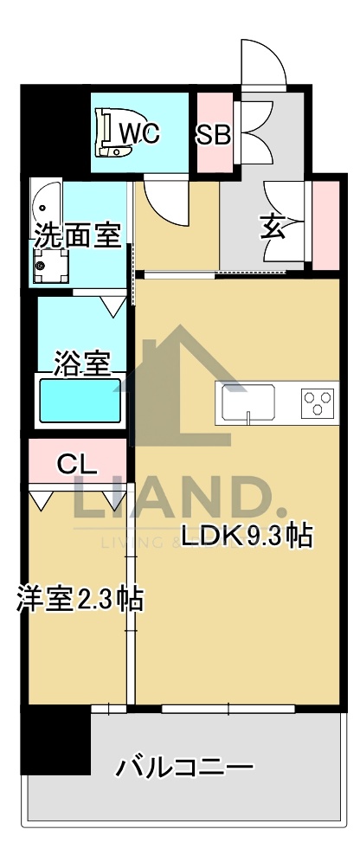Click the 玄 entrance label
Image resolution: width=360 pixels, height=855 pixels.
[x=271, y=228]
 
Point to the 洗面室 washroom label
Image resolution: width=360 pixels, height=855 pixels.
[x=77, y=235]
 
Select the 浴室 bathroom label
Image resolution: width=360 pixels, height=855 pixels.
[x=82, y=363]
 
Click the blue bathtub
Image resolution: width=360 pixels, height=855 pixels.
[x=78, y=401]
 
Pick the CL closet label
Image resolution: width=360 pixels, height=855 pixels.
[x=76, y=464]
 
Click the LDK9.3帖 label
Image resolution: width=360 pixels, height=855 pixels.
[x=245, y=536]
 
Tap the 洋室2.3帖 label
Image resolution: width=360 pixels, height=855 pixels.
[x=79, y=600]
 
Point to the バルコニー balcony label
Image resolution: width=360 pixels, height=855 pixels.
[x=185, y=766]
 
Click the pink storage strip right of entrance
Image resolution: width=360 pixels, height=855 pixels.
[x=325, y=223]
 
